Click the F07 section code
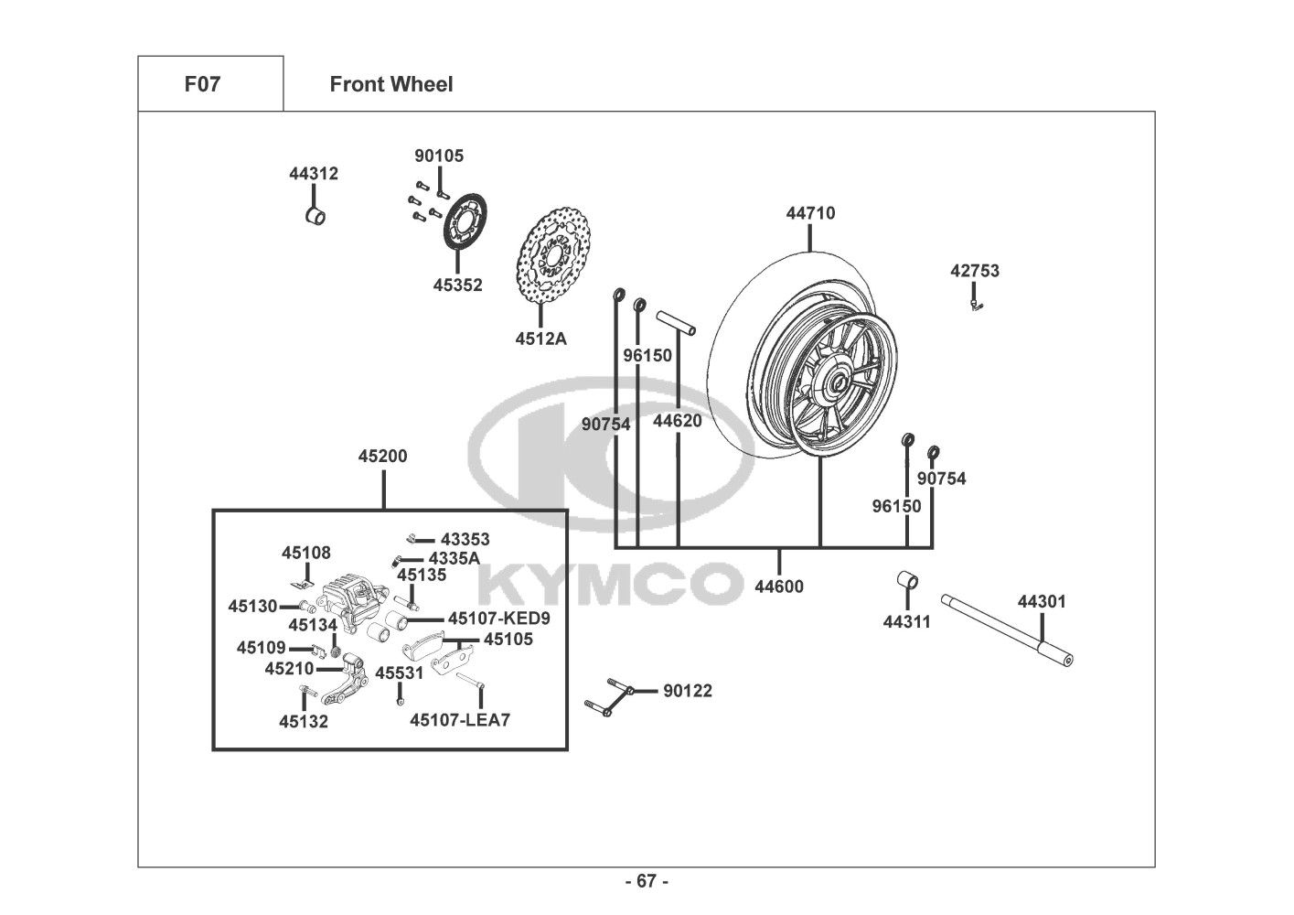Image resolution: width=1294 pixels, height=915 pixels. [x=202, y=84]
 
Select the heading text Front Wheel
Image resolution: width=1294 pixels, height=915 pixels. [x=391, y=84]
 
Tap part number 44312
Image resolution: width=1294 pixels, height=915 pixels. [x=314, y=174]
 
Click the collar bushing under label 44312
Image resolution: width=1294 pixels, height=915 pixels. [x=315, y=217]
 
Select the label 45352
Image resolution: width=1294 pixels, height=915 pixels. [x=457, y=285]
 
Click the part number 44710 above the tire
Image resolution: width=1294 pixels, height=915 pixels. [x=810, y=213]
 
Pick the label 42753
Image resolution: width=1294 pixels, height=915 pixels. [x=975, y=271]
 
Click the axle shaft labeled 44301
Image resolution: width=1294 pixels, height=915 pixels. [x=1007, y=630]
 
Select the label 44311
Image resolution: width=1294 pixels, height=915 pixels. [x=906, y=622]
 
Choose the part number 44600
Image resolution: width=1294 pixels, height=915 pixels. [x=779, y=587]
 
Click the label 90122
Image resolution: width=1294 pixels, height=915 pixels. [x=688, y=691]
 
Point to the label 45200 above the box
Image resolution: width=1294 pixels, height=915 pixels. [x=382, y=456]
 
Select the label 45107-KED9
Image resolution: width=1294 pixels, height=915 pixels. [x=499, y=619]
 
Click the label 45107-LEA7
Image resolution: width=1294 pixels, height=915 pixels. [x=460, y=720]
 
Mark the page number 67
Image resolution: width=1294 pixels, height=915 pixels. [x=647, y=881]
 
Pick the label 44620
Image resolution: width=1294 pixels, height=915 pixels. [x=677, y=421]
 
